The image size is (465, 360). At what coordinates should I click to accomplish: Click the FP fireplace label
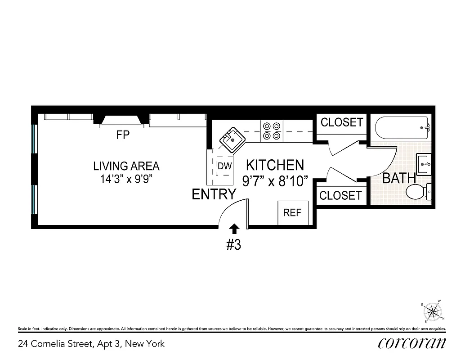pos(123,135)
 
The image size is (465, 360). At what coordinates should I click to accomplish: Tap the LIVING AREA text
pos(126,166)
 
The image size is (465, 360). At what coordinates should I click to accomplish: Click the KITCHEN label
pos(275,165)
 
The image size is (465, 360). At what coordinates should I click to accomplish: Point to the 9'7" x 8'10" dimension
pos(275,181)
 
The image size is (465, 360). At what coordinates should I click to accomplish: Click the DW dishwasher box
pos(224,166)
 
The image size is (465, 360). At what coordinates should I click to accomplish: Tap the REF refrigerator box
pos(292,212)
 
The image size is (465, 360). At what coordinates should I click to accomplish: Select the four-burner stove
pos(272,130)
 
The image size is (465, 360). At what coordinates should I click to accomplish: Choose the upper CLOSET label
pos(341,122)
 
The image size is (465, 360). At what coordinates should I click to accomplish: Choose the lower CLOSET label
pos(340,195)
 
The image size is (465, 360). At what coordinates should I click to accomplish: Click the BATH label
pos(399,178)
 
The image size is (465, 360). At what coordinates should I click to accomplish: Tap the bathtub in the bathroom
pos(403,128)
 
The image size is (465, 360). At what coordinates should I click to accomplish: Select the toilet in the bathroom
pos(419,192)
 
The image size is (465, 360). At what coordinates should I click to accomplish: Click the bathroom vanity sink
pos(424,164)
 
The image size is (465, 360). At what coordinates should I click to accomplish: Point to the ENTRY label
pos(214,194)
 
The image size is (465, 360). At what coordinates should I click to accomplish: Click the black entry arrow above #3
pos(234,228)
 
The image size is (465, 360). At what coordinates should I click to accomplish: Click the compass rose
pos(433,310)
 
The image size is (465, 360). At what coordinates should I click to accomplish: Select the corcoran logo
pos(412,343)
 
